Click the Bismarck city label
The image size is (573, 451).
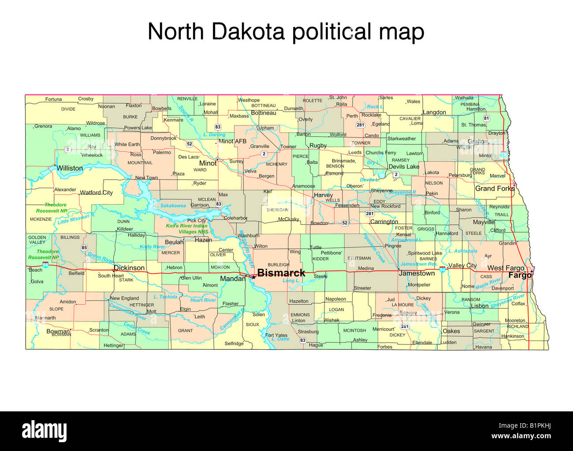click(x=281, y=273)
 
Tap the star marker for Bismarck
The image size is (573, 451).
click(x=253, y=277)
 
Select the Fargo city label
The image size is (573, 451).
click(x=520, y=276)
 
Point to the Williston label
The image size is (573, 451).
click(x=70, y=168)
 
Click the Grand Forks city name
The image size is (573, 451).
click(x=495, y=189)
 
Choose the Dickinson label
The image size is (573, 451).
click(x=129, y=268)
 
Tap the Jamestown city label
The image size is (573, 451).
click(x=417, y=274)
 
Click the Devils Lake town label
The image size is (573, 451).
click(x=404, y=167)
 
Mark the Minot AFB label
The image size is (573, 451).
click(x=233, y=141)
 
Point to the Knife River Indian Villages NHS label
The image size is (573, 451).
click(x=187, y=229)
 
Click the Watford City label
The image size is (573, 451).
click(x=96, y=192)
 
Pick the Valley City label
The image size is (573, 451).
click(x=462, y=266)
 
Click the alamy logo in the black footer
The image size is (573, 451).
click(x=45, y=430)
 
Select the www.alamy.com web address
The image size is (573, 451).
click(x=521, y=436)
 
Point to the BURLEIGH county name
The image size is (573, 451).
click(x=279, y=265)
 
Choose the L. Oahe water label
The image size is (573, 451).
click(x=280, y=339)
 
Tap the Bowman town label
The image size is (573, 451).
click(x=58, y=331)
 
